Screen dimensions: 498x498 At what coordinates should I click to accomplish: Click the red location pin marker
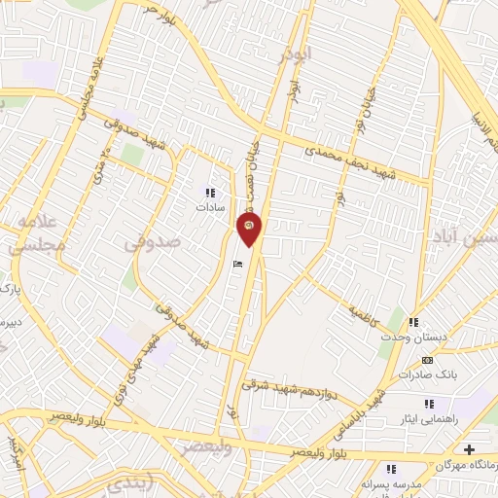pyautogui.click(x=249, y=230)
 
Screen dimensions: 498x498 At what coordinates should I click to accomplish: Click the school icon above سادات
pyautogui.click(x=210, y=193)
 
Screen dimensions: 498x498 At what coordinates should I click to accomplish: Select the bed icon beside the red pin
pyautogui.click(x=236, y=264)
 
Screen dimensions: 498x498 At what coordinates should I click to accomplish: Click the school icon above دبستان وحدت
pyautogui.click(x=413, y=322)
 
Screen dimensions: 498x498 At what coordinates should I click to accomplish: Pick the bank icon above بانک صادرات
pyautogui.click(x=427, y=360)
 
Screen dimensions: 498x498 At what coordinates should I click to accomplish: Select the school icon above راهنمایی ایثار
pyautogui.click(x=427, y=403)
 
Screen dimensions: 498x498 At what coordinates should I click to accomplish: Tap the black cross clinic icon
pyautogui.click(x=471, y=449)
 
